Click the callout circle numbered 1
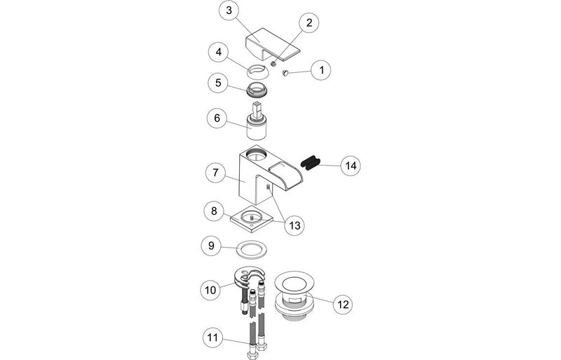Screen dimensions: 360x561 [322, 70]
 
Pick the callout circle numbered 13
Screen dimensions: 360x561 [294, 225]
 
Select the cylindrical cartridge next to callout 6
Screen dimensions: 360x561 [259, 128]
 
